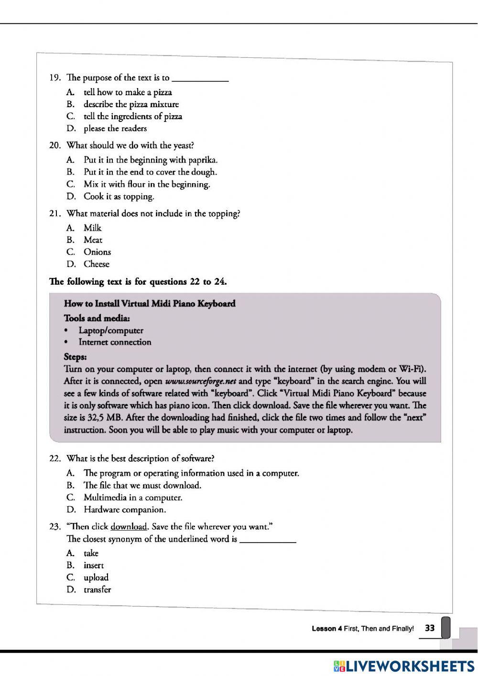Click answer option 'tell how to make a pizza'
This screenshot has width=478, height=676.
pos(127,92)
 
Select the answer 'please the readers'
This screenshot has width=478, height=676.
pos(115,128)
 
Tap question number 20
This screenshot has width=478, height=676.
pos(55,145)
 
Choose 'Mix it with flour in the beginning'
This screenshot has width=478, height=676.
pos(146,184)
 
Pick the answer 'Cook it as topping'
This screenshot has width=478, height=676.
pos(119,196)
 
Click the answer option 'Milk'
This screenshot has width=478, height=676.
pos(92,228)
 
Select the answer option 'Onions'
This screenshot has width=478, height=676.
pos(97,252)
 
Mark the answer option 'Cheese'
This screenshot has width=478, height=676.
pos(96,264)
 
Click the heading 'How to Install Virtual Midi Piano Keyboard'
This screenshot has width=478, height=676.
pos(150,303)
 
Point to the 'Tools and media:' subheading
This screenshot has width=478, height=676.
pos(97,318)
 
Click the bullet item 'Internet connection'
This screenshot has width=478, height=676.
pos(115,342)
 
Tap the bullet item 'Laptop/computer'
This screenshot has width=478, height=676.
pos(110,330)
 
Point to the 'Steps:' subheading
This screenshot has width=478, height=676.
pos(75,357)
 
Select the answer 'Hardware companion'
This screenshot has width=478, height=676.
pos(125,510)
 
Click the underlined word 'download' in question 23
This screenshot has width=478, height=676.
pos(128,527)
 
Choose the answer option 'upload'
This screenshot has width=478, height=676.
pos(96,577)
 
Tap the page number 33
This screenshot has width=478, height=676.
pos(430,628)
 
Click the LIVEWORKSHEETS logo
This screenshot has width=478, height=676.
pos(404,666)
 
